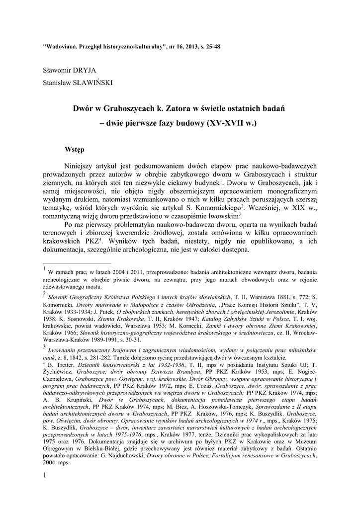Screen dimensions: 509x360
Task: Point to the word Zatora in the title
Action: (182, 107)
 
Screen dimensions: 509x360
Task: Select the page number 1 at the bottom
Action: (45, 477)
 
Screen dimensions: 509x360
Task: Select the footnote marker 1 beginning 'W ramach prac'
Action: (45, 270)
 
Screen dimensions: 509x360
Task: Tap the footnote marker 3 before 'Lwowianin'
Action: (45, 346)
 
